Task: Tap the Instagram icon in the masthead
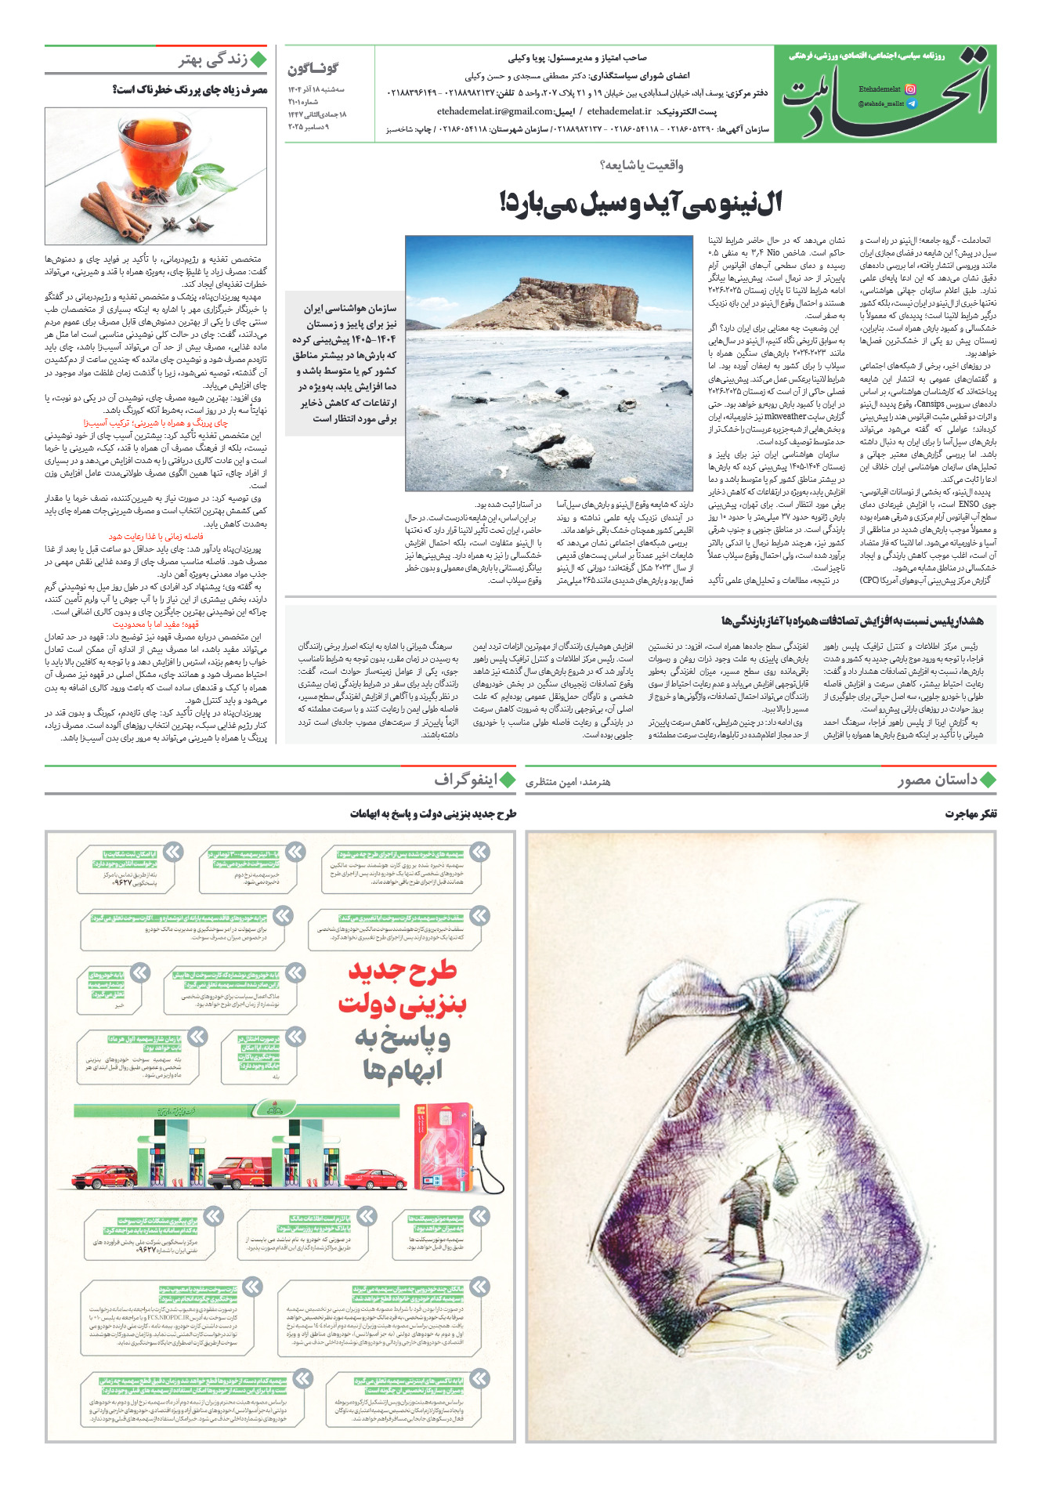910,90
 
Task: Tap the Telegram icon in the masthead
911,103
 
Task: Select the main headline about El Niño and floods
640,203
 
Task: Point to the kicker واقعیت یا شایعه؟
641,165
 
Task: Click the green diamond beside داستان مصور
988,780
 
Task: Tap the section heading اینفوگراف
466,780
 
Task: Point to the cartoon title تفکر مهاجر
971,814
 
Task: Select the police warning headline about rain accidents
852,621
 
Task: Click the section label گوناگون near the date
313,69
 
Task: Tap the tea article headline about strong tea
190,90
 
